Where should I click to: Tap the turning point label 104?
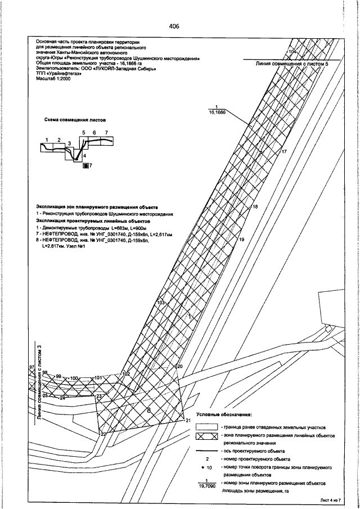[292, 51]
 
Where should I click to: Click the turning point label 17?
[284, 152]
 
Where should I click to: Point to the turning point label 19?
[242, 240]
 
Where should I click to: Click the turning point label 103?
[161, 303]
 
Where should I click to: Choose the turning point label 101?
[98, 377]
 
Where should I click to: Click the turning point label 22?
[103, 434]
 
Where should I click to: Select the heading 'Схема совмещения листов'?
[75, 120]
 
